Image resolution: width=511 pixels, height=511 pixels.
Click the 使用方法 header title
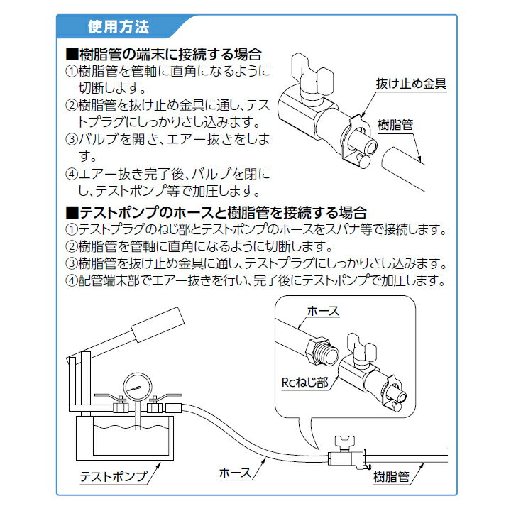point(119,27)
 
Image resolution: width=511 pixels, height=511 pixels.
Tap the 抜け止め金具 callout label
point(411,84)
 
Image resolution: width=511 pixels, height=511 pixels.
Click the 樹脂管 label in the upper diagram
point(395,125)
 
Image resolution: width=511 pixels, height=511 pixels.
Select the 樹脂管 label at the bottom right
point(391,477)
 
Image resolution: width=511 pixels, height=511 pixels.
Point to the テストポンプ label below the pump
point(114,477)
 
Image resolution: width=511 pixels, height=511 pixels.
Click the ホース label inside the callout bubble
point(324,311)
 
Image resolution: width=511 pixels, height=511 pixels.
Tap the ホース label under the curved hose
point(236,473)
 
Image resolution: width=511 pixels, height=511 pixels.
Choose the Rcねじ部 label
point(305,383)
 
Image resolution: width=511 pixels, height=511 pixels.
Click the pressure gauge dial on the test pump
point(138,388)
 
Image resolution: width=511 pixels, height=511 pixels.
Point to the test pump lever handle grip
point(158,324)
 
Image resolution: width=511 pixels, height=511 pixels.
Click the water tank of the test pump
point(125,438)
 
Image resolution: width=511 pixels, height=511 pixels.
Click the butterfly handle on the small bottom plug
point(345,442)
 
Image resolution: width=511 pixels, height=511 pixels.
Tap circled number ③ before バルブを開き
point(72,140)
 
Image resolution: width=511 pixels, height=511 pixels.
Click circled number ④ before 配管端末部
point(72,280)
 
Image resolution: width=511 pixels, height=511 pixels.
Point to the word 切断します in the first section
point(112,88)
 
